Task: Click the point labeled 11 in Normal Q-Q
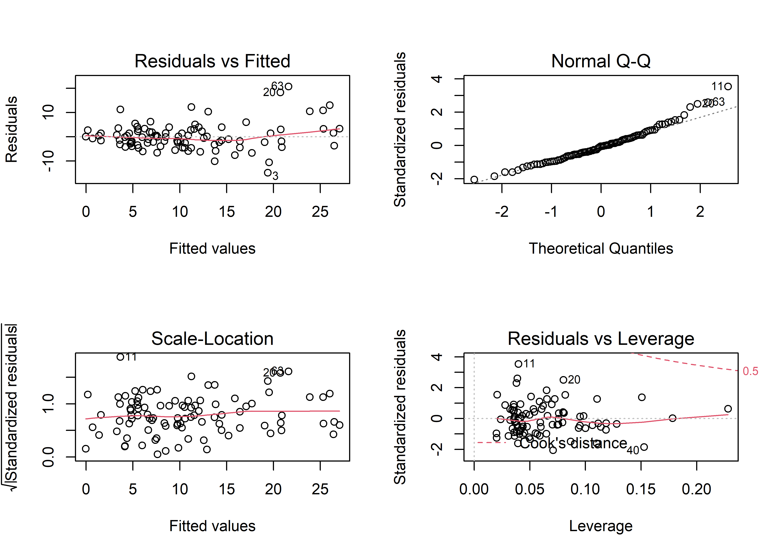coord(728,86)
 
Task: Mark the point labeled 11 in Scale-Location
coord(120,357)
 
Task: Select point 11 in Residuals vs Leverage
coord(518,364)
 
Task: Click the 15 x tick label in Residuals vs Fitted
coord(227,212)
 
